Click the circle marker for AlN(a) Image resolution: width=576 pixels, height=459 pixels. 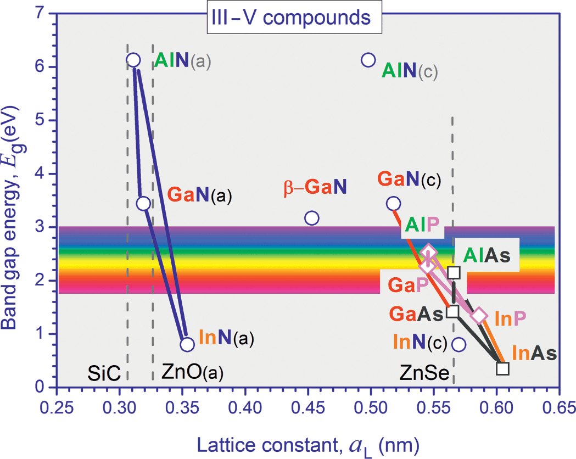click(x=133, y=60)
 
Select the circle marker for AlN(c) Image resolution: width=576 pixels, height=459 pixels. click(x=368, y=59)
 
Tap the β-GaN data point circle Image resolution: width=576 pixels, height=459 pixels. click(x=311, y=218)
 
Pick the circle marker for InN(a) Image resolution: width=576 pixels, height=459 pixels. click(x=187, y=344)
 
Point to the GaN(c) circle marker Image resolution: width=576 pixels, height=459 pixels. click(x=393, y=203)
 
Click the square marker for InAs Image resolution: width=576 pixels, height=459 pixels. click(x=502, y=368)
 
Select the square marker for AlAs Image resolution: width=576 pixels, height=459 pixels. click(x=454, y=272)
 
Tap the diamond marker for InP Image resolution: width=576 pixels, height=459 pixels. click(x=479, y=315)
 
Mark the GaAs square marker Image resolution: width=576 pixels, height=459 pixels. click(x=453, y=311)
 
